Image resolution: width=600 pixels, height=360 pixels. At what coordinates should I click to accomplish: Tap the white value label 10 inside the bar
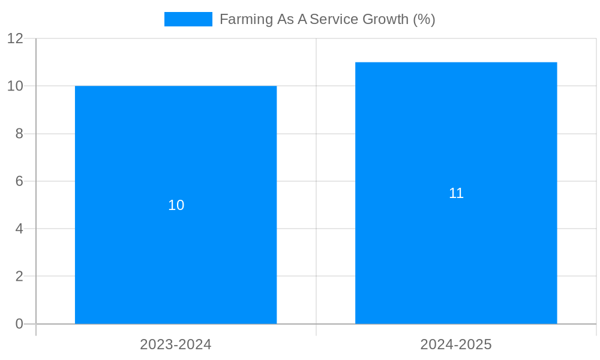pos(176,205)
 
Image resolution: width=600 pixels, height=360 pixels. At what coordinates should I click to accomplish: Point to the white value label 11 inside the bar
pos(456,193)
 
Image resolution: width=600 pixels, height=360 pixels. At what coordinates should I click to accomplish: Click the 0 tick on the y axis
pos(19,324)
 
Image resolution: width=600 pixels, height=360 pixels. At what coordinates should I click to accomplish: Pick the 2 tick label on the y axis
pos(19,277)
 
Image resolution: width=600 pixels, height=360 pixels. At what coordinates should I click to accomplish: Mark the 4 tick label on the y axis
pos(19,229)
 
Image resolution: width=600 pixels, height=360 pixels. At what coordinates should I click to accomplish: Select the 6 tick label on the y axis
pos(19,181)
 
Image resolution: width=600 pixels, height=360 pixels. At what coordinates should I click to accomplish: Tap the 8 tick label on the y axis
pos(19,134)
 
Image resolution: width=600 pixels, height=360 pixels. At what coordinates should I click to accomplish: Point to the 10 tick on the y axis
pos(15,86)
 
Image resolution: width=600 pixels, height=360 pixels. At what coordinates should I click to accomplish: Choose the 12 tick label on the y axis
pos(15,38)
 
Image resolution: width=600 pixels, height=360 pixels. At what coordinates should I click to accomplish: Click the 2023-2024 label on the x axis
pos(176,344)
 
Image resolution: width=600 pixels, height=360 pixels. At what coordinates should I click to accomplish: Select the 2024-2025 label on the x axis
pos(456,344)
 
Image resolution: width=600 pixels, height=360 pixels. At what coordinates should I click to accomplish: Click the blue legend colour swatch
pos(188,19)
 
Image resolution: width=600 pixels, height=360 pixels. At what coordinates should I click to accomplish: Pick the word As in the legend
pos(284,19)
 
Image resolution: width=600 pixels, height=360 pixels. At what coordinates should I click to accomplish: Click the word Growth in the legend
pos(385,19)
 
